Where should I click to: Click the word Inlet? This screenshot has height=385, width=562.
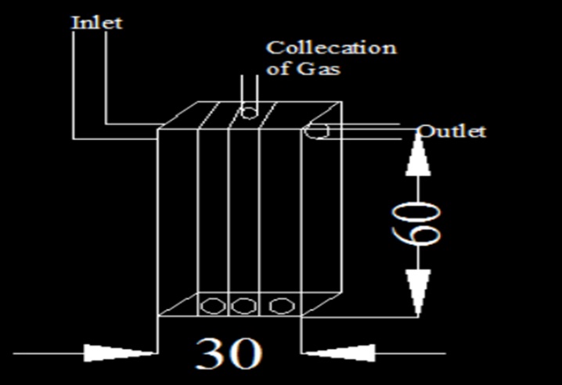[97, 22]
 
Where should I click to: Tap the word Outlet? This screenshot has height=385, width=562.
[452, 131]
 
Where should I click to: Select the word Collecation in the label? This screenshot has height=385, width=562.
[331, 48]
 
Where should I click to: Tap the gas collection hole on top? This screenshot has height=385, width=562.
[247, 113]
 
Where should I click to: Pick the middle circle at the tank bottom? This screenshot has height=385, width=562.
[243, 304]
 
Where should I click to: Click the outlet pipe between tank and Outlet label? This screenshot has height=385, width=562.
[368, 131]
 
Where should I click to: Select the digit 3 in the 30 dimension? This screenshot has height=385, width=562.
[211, 354]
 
